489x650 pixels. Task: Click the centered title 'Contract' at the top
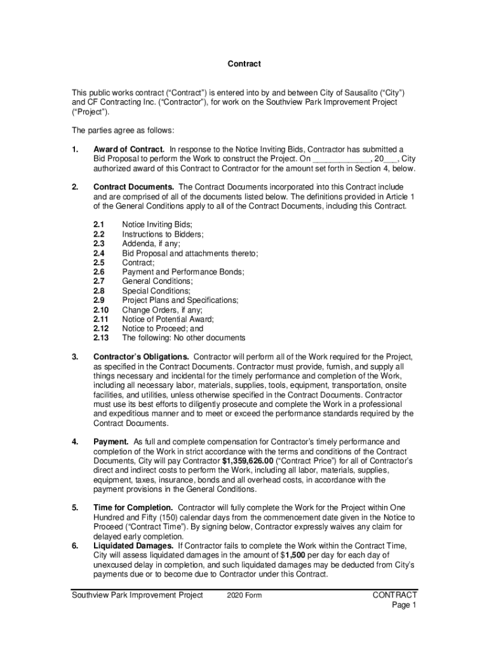point(245,64)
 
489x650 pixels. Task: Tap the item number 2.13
point(102,338)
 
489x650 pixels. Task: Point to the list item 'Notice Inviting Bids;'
point(157,224)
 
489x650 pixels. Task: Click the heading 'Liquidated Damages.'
point(133,546)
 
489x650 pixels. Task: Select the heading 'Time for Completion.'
point(133,508)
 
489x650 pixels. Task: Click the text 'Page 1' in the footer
point(404,605)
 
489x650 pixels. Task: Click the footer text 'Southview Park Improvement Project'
point(137,595)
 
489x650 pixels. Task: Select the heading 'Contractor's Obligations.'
point(141,357)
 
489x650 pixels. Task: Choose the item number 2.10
point(102,310)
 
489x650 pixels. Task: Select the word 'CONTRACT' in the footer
point(394,595)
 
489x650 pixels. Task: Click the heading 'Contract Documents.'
point(134,187)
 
